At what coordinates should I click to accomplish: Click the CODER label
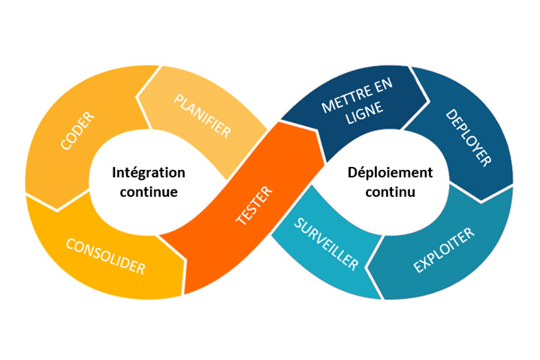[77, 132]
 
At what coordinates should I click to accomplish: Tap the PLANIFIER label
[202, 114]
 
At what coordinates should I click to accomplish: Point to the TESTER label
[255, 204]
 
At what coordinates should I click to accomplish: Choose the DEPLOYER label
[468, 138]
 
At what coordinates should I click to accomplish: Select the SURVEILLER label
[326, 244]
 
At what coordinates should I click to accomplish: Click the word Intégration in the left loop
[148, 172]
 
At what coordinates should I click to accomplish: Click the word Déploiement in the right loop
[390, 172]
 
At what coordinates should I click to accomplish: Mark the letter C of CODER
[65, 146]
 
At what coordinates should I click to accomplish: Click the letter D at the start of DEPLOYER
[451, 114]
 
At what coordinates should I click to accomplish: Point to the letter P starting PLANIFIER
[179, 98]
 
